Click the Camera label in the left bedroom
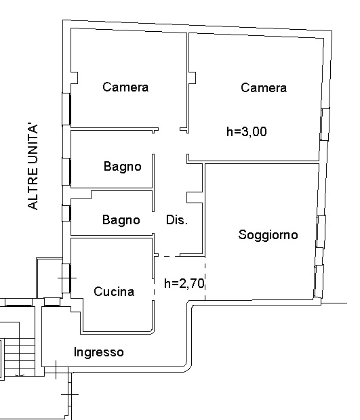tap(125, 87)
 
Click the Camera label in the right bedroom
tap(264, 88)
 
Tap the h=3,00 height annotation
tap(247, 132)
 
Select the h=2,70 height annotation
tap(184, 283)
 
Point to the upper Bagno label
tap(123, 167)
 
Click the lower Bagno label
tap(121, 220)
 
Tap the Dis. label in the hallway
tap(177, 220)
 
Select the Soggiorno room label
tap(268, 235)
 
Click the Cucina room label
tap(114, 292)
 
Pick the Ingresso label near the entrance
tap(99, 352)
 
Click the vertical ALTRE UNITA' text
tap(33, 167)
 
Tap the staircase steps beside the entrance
tap(20, 357)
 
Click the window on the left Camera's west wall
tap(66, 109)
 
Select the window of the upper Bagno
tap(66, 171)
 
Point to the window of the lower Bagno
tap(66, 213)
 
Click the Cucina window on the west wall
tap(66, 278)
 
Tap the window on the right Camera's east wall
tap(325, 124)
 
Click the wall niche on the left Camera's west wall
tap(75, 78)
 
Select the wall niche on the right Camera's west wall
tap(192, 78)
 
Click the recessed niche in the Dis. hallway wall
tap(195, 197)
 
